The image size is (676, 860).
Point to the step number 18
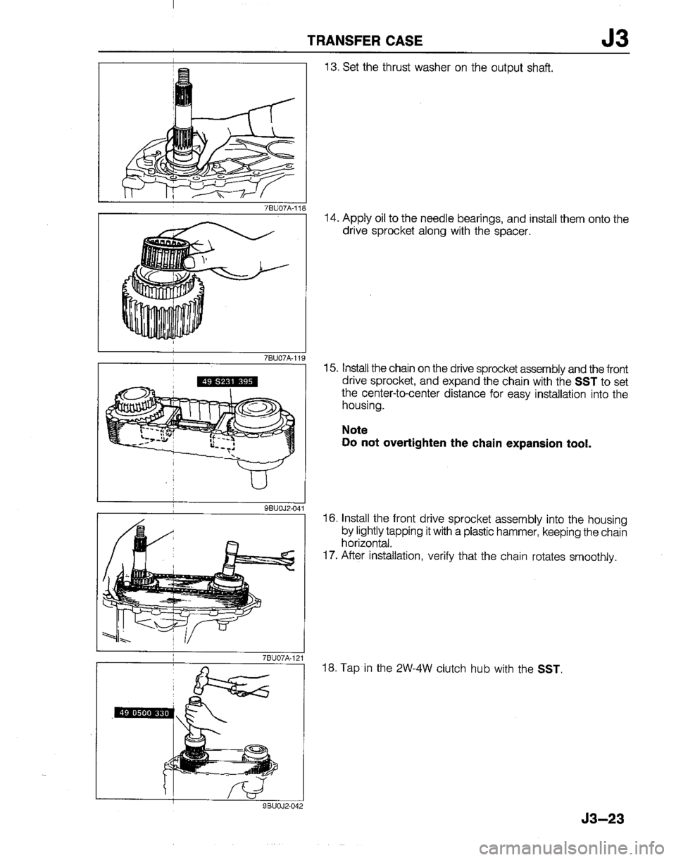point(331,669)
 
